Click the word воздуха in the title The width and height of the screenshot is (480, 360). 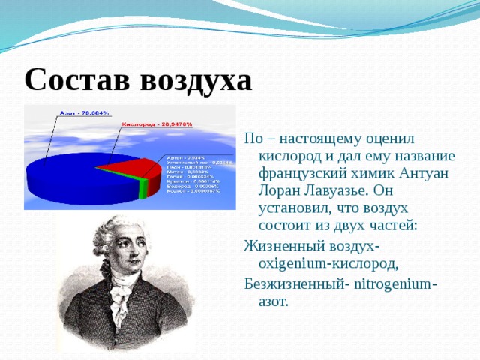tap(196, 79)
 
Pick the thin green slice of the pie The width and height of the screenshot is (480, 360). tap(143, 189)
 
